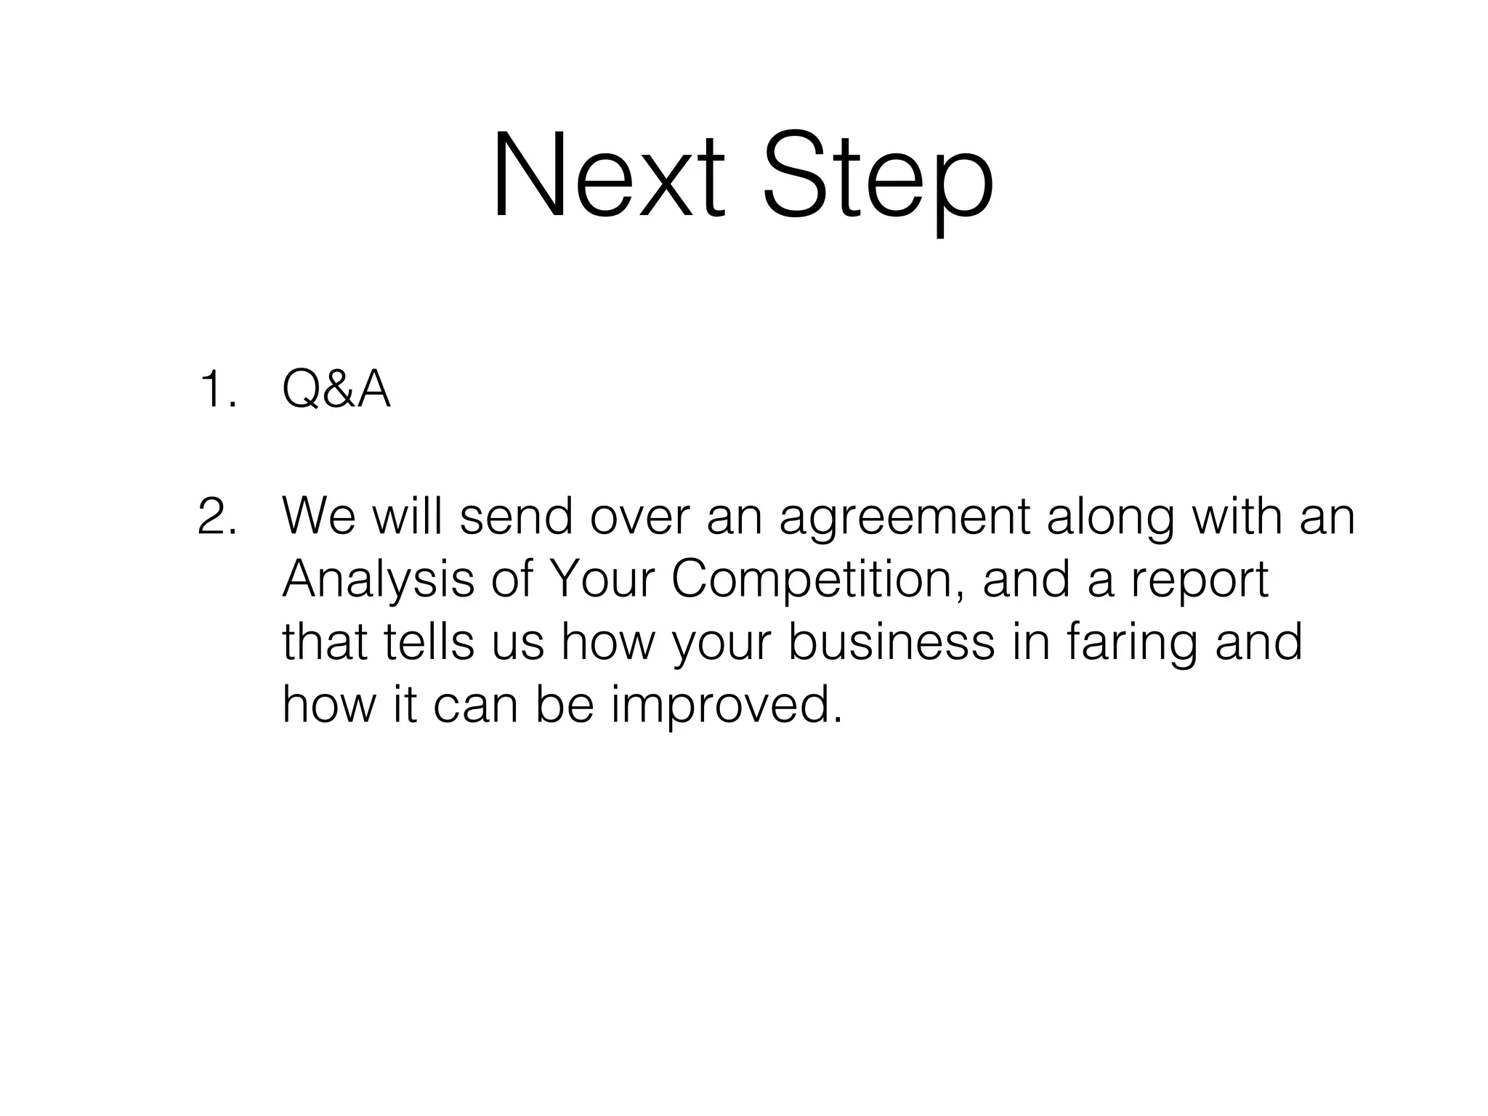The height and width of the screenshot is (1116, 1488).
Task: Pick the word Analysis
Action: [x=378, y=581]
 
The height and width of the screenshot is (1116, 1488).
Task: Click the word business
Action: [x=891, y=643]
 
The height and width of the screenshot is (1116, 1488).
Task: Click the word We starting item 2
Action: [x=319, y=516]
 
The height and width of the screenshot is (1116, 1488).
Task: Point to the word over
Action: [x=639, y=517]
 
